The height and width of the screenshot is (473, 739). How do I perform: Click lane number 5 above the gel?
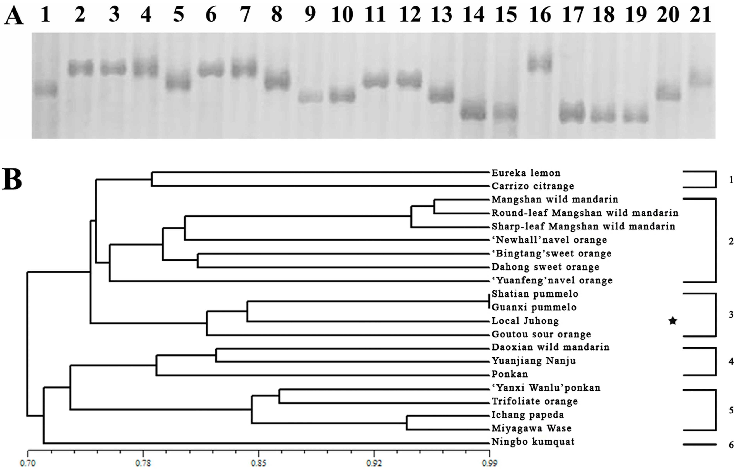[x=178, y=15]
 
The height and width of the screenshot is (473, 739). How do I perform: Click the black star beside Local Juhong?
[x=673, y=321]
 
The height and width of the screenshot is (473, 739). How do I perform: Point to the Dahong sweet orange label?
[x=545, y=267]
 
